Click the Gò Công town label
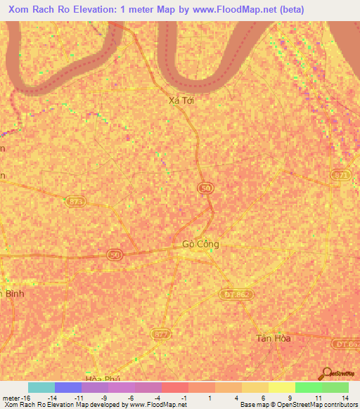click(x=200, y=245)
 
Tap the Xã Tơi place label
click(x=181, y=100)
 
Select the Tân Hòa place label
click(x=273, y=338)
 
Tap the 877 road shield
click(x=162, y=335)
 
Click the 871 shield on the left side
click(x=75, y=202)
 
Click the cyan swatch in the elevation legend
click(x=41, y=387)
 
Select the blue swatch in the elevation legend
click(x=68, y=387)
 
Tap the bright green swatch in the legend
click(x=308, y=387)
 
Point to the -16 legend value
click(x=20, y=397)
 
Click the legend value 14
click(x=345, y=397)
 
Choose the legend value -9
click(x=104, y=397)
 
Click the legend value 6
click(x=263, y=397)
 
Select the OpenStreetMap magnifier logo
click(x=326, y=372)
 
